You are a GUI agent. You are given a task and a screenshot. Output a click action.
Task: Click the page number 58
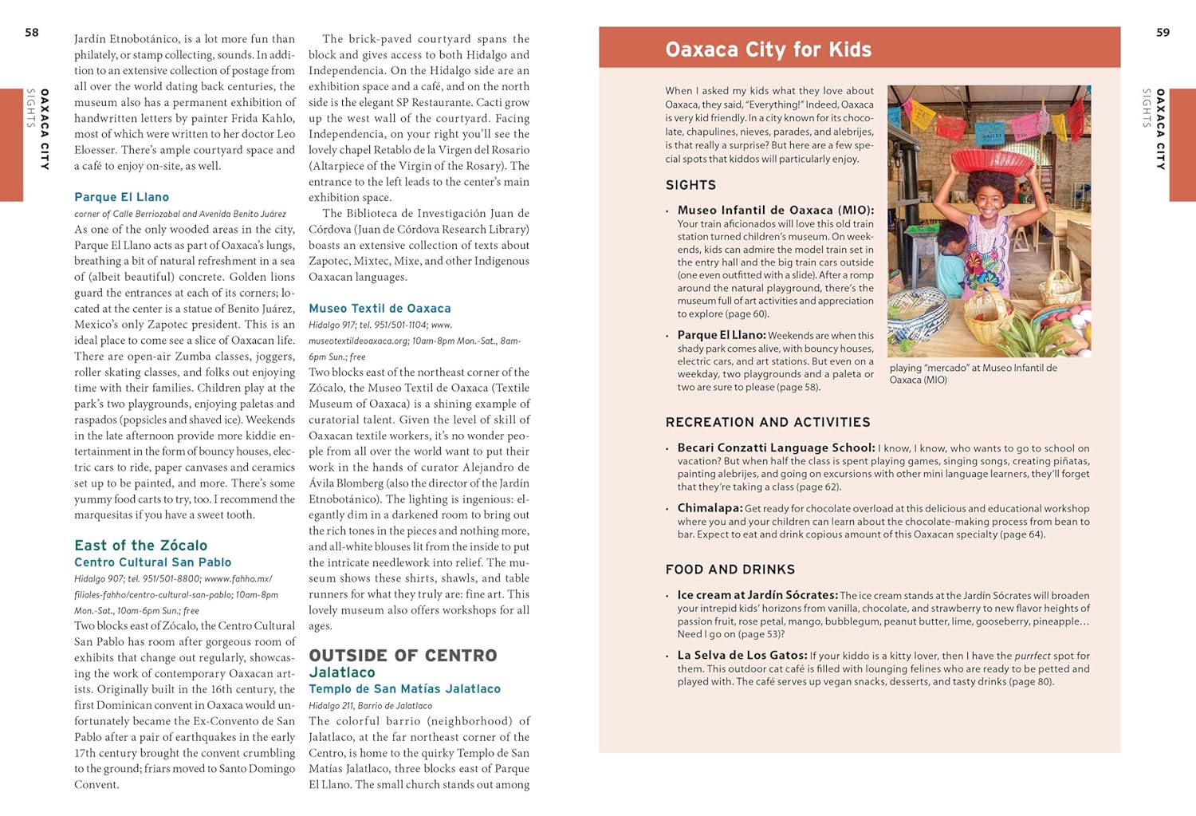click(x=32, y=33)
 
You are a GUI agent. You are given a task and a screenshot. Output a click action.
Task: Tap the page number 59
click(x=1163, y=33)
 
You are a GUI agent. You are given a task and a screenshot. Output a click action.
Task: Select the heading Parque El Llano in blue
click(x=121, y=197)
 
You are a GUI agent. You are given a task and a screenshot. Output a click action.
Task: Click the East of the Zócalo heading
click(x=140, y=546)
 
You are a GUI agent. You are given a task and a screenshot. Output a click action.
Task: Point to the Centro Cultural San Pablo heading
click(x=152, y=562)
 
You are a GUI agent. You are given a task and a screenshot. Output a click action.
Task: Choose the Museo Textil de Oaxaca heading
click(x=380, y=309)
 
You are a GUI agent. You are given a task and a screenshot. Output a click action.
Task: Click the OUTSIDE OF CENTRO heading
click(x=403, y=656)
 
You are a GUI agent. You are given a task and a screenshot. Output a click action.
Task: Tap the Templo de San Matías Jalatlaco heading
click(x=404, y=689)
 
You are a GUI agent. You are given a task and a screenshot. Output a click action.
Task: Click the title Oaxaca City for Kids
click(x=768, y=49)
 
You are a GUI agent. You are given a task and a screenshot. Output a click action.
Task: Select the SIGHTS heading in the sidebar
click(x=690, y=185)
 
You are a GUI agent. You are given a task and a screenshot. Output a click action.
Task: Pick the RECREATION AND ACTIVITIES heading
click(x=768, y=423)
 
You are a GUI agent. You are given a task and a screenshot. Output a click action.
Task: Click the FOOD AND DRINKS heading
click(x=730, y=570)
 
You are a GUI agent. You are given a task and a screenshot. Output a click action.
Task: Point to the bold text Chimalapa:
click(x=710, y=508)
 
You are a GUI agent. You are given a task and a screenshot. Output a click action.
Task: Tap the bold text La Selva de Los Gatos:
click(x=742, y=656)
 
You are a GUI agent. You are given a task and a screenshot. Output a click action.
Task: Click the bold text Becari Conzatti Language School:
click(x=776, y=448)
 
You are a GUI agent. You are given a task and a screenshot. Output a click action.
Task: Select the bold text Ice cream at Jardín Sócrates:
click(x=757, y=595)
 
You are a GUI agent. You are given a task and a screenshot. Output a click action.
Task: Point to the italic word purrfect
click(x=1032, y=656)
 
